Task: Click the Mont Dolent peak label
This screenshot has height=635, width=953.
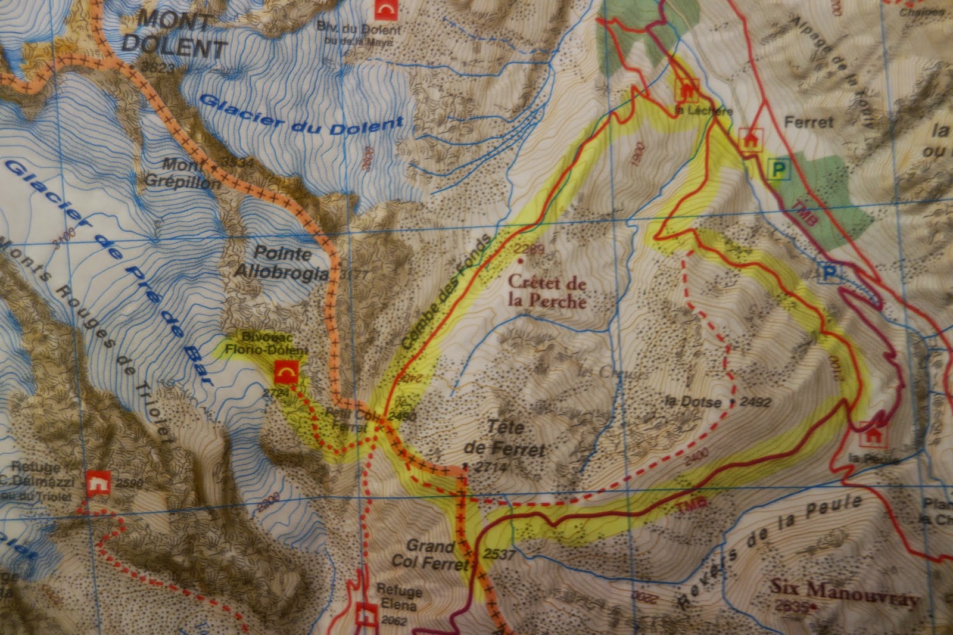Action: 173,33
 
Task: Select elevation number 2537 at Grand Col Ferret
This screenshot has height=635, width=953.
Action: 499,553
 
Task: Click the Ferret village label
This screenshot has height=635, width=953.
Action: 808,123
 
